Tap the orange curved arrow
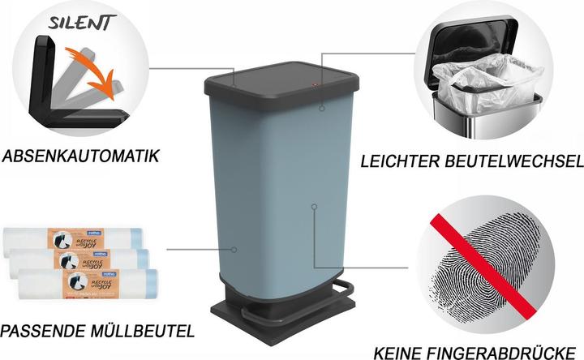point(89,78)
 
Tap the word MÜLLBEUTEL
point(147,331)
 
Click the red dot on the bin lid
point(316,84)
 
